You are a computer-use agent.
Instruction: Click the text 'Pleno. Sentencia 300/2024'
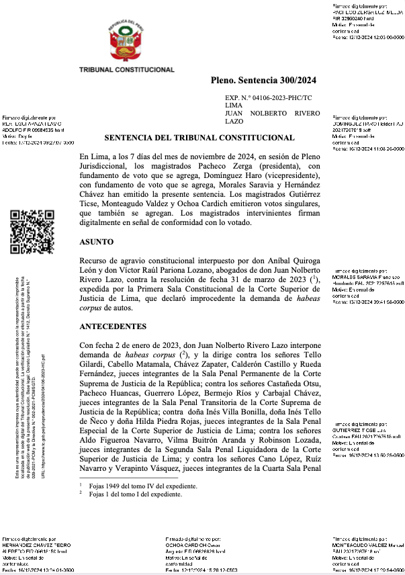pos(263,81)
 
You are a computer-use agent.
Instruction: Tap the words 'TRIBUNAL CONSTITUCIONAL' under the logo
pos(127,70)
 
